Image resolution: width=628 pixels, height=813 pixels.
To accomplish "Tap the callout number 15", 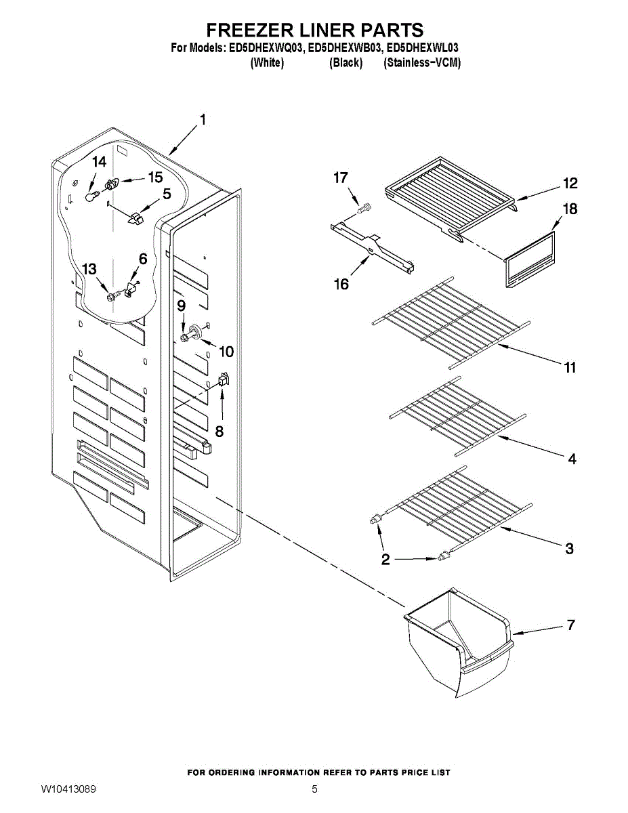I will point(155,178).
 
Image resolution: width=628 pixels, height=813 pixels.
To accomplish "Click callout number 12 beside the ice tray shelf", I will point(569,184).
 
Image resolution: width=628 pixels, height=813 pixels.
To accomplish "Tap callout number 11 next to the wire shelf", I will point(570,367).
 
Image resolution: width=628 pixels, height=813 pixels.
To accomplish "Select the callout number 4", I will point(572,459).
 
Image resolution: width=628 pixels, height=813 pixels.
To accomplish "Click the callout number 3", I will point(570,548).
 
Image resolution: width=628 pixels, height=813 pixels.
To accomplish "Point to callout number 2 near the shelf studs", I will point(385,560).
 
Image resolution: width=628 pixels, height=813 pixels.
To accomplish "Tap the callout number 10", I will point(226,352).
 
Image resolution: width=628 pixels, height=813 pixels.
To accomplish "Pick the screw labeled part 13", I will point(111,296).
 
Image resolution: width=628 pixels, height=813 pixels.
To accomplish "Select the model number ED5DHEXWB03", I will point(346,48).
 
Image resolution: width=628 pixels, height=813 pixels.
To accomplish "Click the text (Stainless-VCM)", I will point(421,63).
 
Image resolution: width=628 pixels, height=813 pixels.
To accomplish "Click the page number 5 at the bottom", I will point(314,789).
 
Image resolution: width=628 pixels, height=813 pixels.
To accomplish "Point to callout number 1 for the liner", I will point(202,120).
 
